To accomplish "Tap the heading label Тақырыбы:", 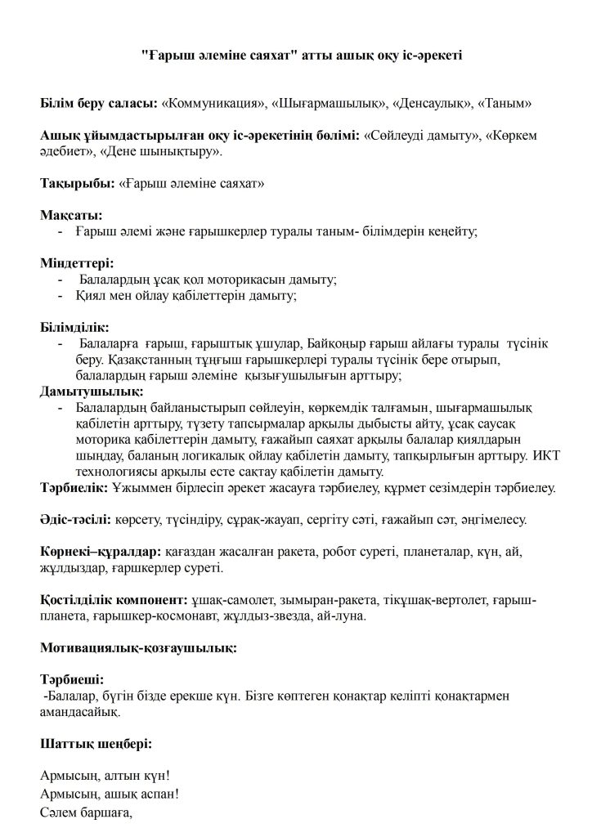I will (x=76, y=184).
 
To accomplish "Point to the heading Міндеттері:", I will (x=78, y=263).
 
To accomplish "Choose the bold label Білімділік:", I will (x=74, y=327).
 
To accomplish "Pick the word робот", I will (x=317, y=552).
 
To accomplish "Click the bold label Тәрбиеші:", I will (x=72, y=679).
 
